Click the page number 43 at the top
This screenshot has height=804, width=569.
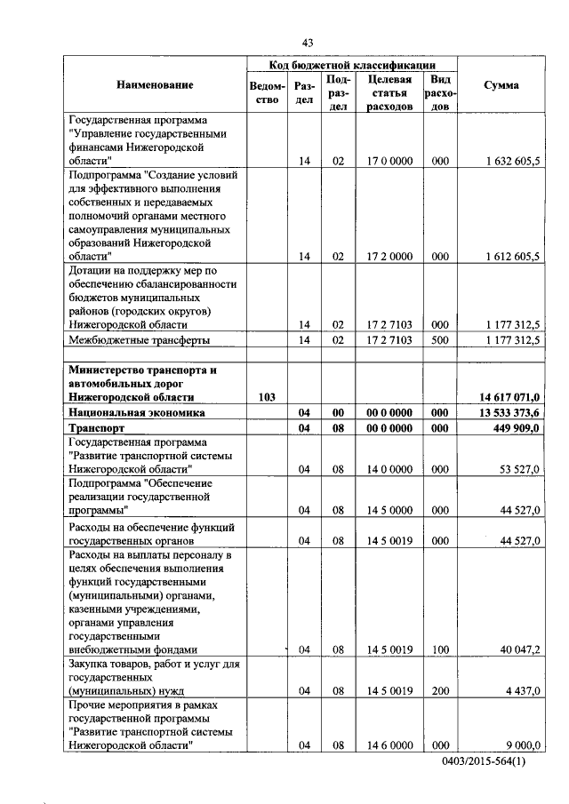(x=308, y=43)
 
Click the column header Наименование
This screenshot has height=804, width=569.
(x=154, y=85)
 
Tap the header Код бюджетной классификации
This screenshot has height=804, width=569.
(x=352, y=65)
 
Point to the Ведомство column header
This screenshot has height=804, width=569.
(x=268, y=92)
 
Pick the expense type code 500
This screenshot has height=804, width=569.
(x=439, y=340)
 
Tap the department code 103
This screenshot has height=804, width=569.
(x=267, y=397)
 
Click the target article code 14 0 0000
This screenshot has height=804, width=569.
(x=389, y=468)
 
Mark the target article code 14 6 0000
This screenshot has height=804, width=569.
(x=389, y=744)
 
